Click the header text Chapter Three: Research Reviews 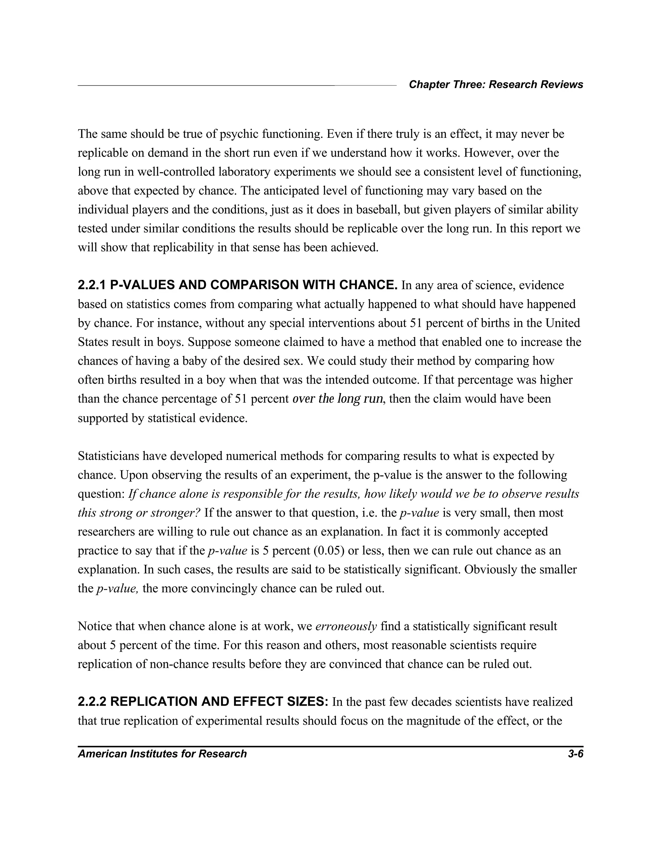[496, 85]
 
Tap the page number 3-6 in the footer [575, 754]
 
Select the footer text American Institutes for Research [162, 754]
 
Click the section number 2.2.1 [92, 285]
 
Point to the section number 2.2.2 [92, 701]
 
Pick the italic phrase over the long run [338, 399]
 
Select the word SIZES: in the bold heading [308, 701]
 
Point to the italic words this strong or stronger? [139, 513]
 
